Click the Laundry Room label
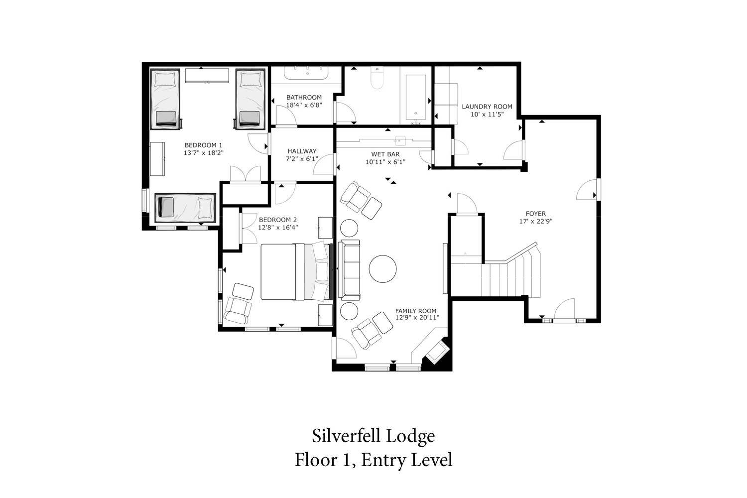487,107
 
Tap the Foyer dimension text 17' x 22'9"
535,221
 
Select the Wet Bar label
385,154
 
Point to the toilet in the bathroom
377,78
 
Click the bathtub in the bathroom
416,97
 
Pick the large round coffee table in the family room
382,269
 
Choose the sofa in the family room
349,269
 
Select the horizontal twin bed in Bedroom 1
185,208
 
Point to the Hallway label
302,151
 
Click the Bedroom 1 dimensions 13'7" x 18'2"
203,153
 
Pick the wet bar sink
399,140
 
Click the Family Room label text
415,311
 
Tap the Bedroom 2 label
278,220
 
